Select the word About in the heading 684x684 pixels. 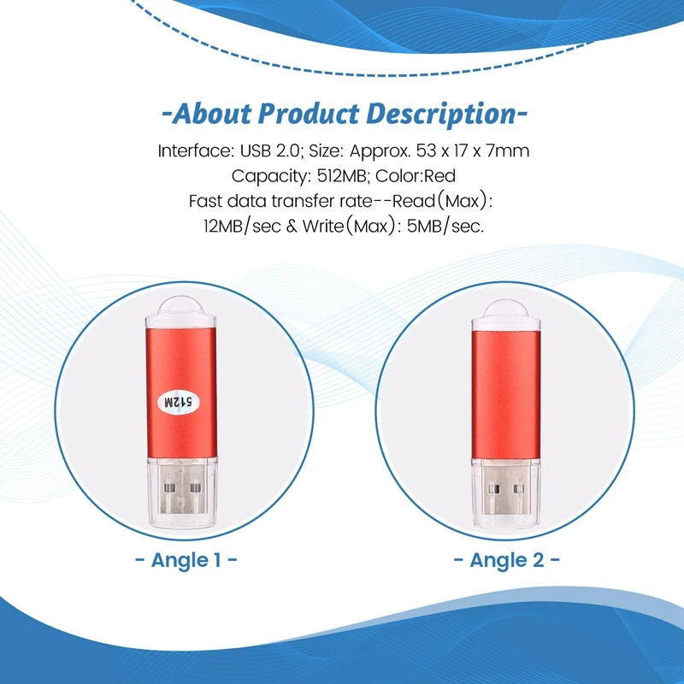click(x=209, y=114)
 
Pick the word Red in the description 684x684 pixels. click(x=439, y=177)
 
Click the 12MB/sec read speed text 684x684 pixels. click(x=236, y=227)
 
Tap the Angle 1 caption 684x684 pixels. click(x=186, y=560)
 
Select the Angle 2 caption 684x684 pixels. click(x=505, y=560)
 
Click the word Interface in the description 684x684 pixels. click(x=193, y=151)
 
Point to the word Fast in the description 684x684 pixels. click(x=204, y=202)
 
